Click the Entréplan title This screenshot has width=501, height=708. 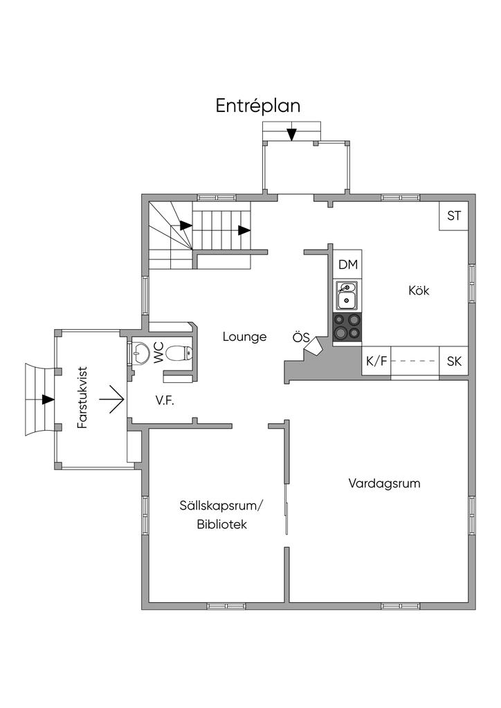258,106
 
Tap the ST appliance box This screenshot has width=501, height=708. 453,216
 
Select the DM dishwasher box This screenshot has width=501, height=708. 348,265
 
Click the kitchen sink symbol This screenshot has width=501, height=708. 347,296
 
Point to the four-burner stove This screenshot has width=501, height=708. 347,326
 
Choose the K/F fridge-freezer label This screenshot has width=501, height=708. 376,361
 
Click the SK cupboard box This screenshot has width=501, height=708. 453,361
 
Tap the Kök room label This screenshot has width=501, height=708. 419,290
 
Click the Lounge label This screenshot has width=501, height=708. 244,337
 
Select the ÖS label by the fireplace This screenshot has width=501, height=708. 301,337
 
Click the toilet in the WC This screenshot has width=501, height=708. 179,353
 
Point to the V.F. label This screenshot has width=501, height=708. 165,400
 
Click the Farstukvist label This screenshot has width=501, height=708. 82,398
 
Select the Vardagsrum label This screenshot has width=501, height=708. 384,483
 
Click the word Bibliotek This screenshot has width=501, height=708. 222,525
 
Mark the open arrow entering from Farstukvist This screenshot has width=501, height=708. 111,399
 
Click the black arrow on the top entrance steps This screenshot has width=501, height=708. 292,134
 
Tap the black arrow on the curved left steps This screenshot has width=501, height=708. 48,399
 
